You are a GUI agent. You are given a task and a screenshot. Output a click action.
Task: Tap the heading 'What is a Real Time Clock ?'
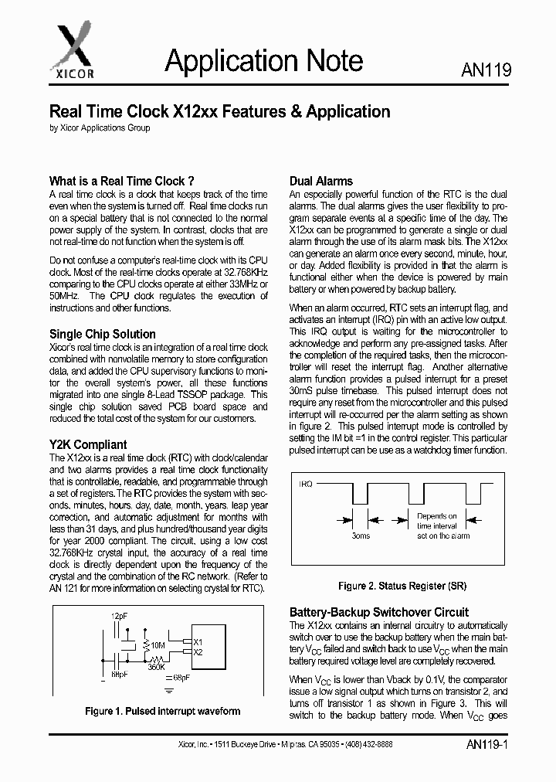pyautogui.click(x=122, y=181)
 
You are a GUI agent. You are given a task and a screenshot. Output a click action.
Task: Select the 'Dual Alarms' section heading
pyautogui.click(x=320, y=181)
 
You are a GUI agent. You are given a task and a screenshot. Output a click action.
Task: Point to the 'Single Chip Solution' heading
pyautogui.click(x=103, y=334)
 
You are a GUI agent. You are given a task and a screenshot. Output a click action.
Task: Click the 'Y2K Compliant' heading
pyautogui.click(x=88, y=444)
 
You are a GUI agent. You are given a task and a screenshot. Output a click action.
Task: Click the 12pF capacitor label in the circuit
pyautogui.click(x=120, y=616)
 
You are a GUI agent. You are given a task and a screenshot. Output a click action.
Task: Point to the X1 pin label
pyautogui.click(x=198, y=642)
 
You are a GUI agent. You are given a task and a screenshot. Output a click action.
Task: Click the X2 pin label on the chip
pyautogui.click(x=198, y=652)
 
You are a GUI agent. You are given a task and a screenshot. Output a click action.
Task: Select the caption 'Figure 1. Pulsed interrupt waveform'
pyautogui.click(x=161, y=711)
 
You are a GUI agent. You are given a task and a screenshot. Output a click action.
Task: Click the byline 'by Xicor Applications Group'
pyautogui.click(x=100, y=127)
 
